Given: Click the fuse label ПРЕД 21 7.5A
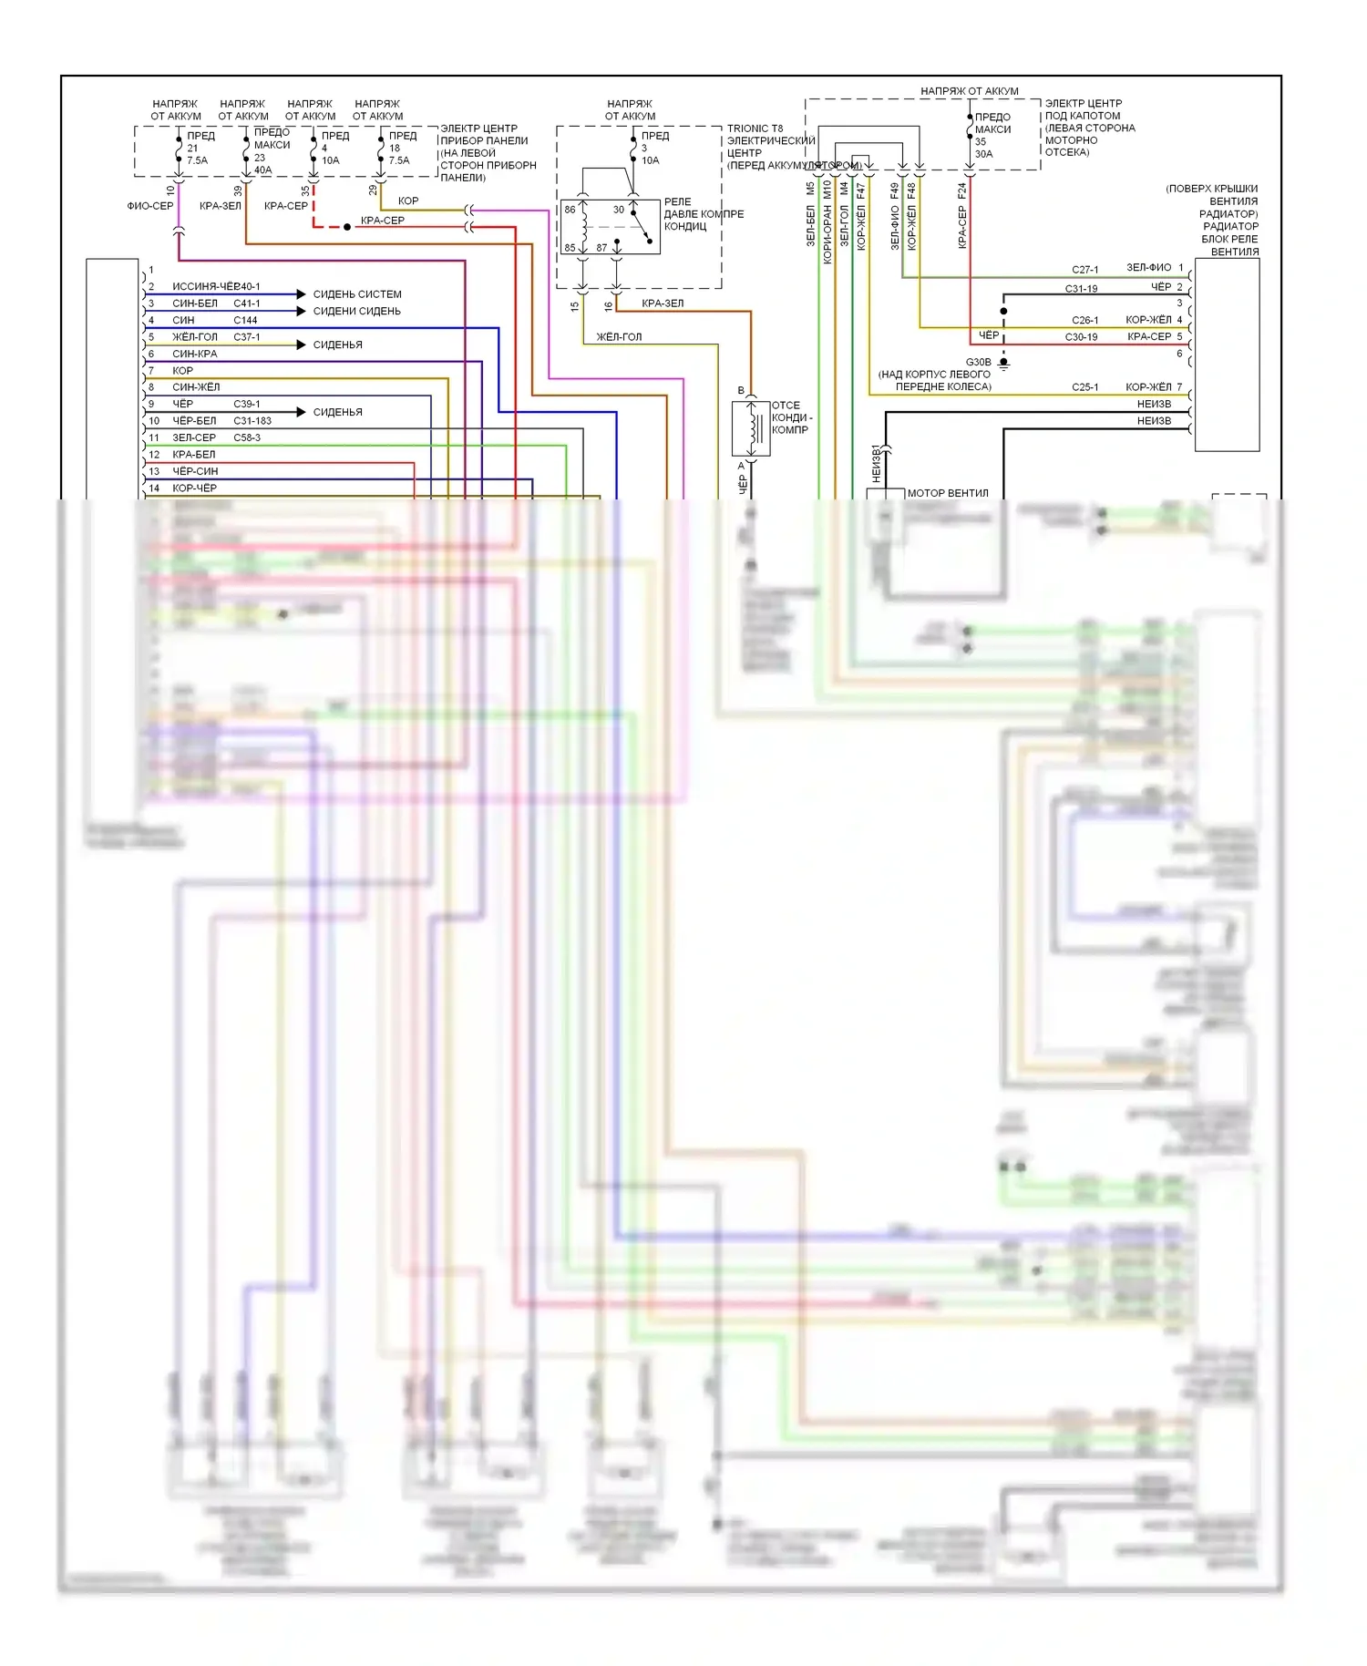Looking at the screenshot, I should pos(199,148).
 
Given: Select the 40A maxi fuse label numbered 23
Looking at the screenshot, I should pos(269,150).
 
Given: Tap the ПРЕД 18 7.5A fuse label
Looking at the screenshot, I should pos(401,148).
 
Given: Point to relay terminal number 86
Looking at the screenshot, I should pos(570,210).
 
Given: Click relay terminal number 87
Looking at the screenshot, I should pos(601,248).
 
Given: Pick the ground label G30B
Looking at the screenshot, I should pos(978,362).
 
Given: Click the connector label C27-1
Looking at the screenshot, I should pos(1084,270).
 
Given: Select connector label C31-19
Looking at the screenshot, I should pos(1081,289).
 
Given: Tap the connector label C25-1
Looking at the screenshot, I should pos(1084,387).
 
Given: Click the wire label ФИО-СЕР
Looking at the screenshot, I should pos(150,206).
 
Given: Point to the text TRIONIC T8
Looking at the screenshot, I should pos(755,129).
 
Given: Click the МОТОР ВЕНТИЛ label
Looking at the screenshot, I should pos(948,493).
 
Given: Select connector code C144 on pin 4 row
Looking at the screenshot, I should pos(245,321).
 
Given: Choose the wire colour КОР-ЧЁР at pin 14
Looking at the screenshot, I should pos(194,488).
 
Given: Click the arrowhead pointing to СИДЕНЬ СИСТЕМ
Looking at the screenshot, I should pos(301,293).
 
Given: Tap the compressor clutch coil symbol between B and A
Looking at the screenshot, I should pos(753,428).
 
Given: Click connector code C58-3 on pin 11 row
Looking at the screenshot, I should pos(247,438).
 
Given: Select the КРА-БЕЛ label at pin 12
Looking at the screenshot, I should pos(194,455).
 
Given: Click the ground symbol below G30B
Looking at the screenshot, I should pos(1003,364).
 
